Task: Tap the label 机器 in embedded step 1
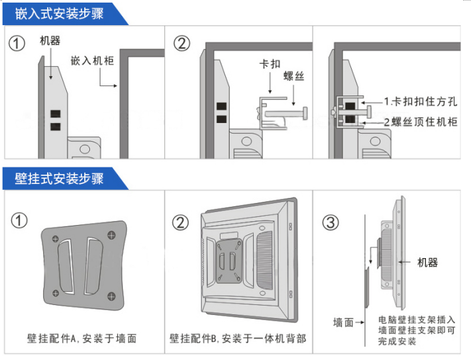[x=50, y=41]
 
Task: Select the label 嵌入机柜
[x=92, y=61]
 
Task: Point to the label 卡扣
[x=269, y=66]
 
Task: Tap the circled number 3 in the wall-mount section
[x=331, y=222]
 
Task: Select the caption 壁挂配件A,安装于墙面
[x=82, y=338]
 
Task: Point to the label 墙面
[x=343, y=322]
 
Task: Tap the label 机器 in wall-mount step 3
[x=427, y=263]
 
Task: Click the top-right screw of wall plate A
[x=111, y=235]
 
